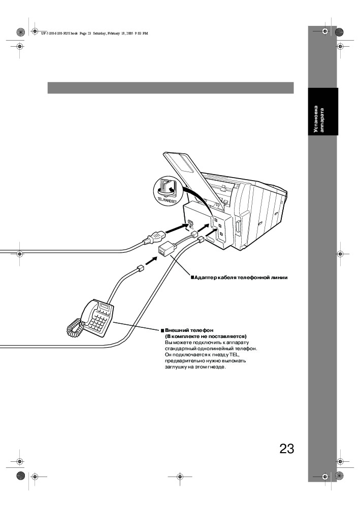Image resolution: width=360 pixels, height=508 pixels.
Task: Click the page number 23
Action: [x=286, y=449]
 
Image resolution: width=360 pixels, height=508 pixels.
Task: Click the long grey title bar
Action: [x=171, y=88]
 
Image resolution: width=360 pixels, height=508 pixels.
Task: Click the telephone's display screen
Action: [x=105, y=308]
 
